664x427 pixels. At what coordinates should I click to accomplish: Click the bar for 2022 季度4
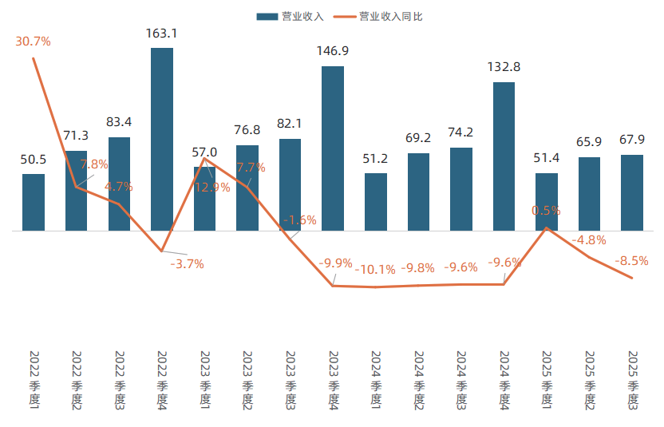162,140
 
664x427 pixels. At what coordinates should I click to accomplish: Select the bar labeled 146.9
333,148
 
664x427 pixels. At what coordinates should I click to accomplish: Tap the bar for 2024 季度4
504,156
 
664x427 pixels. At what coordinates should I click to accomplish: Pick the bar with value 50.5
34,203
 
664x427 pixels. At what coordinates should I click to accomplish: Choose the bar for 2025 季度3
632,193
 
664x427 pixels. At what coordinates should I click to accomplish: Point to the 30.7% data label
33,41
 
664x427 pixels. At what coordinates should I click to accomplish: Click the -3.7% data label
188,263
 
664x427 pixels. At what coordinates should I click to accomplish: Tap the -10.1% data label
375,269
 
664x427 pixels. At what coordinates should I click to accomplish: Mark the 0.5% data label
547,211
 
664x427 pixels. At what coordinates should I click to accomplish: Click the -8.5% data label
631,260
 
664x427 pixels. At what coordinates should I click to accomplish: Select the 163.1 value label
162,34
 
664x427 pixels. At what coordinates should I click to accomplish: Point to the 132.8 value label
504,68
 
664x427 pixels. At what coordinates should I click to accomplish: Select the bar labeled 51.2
376,202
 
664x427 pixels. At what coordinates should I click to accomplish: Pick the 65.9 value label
589,142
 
